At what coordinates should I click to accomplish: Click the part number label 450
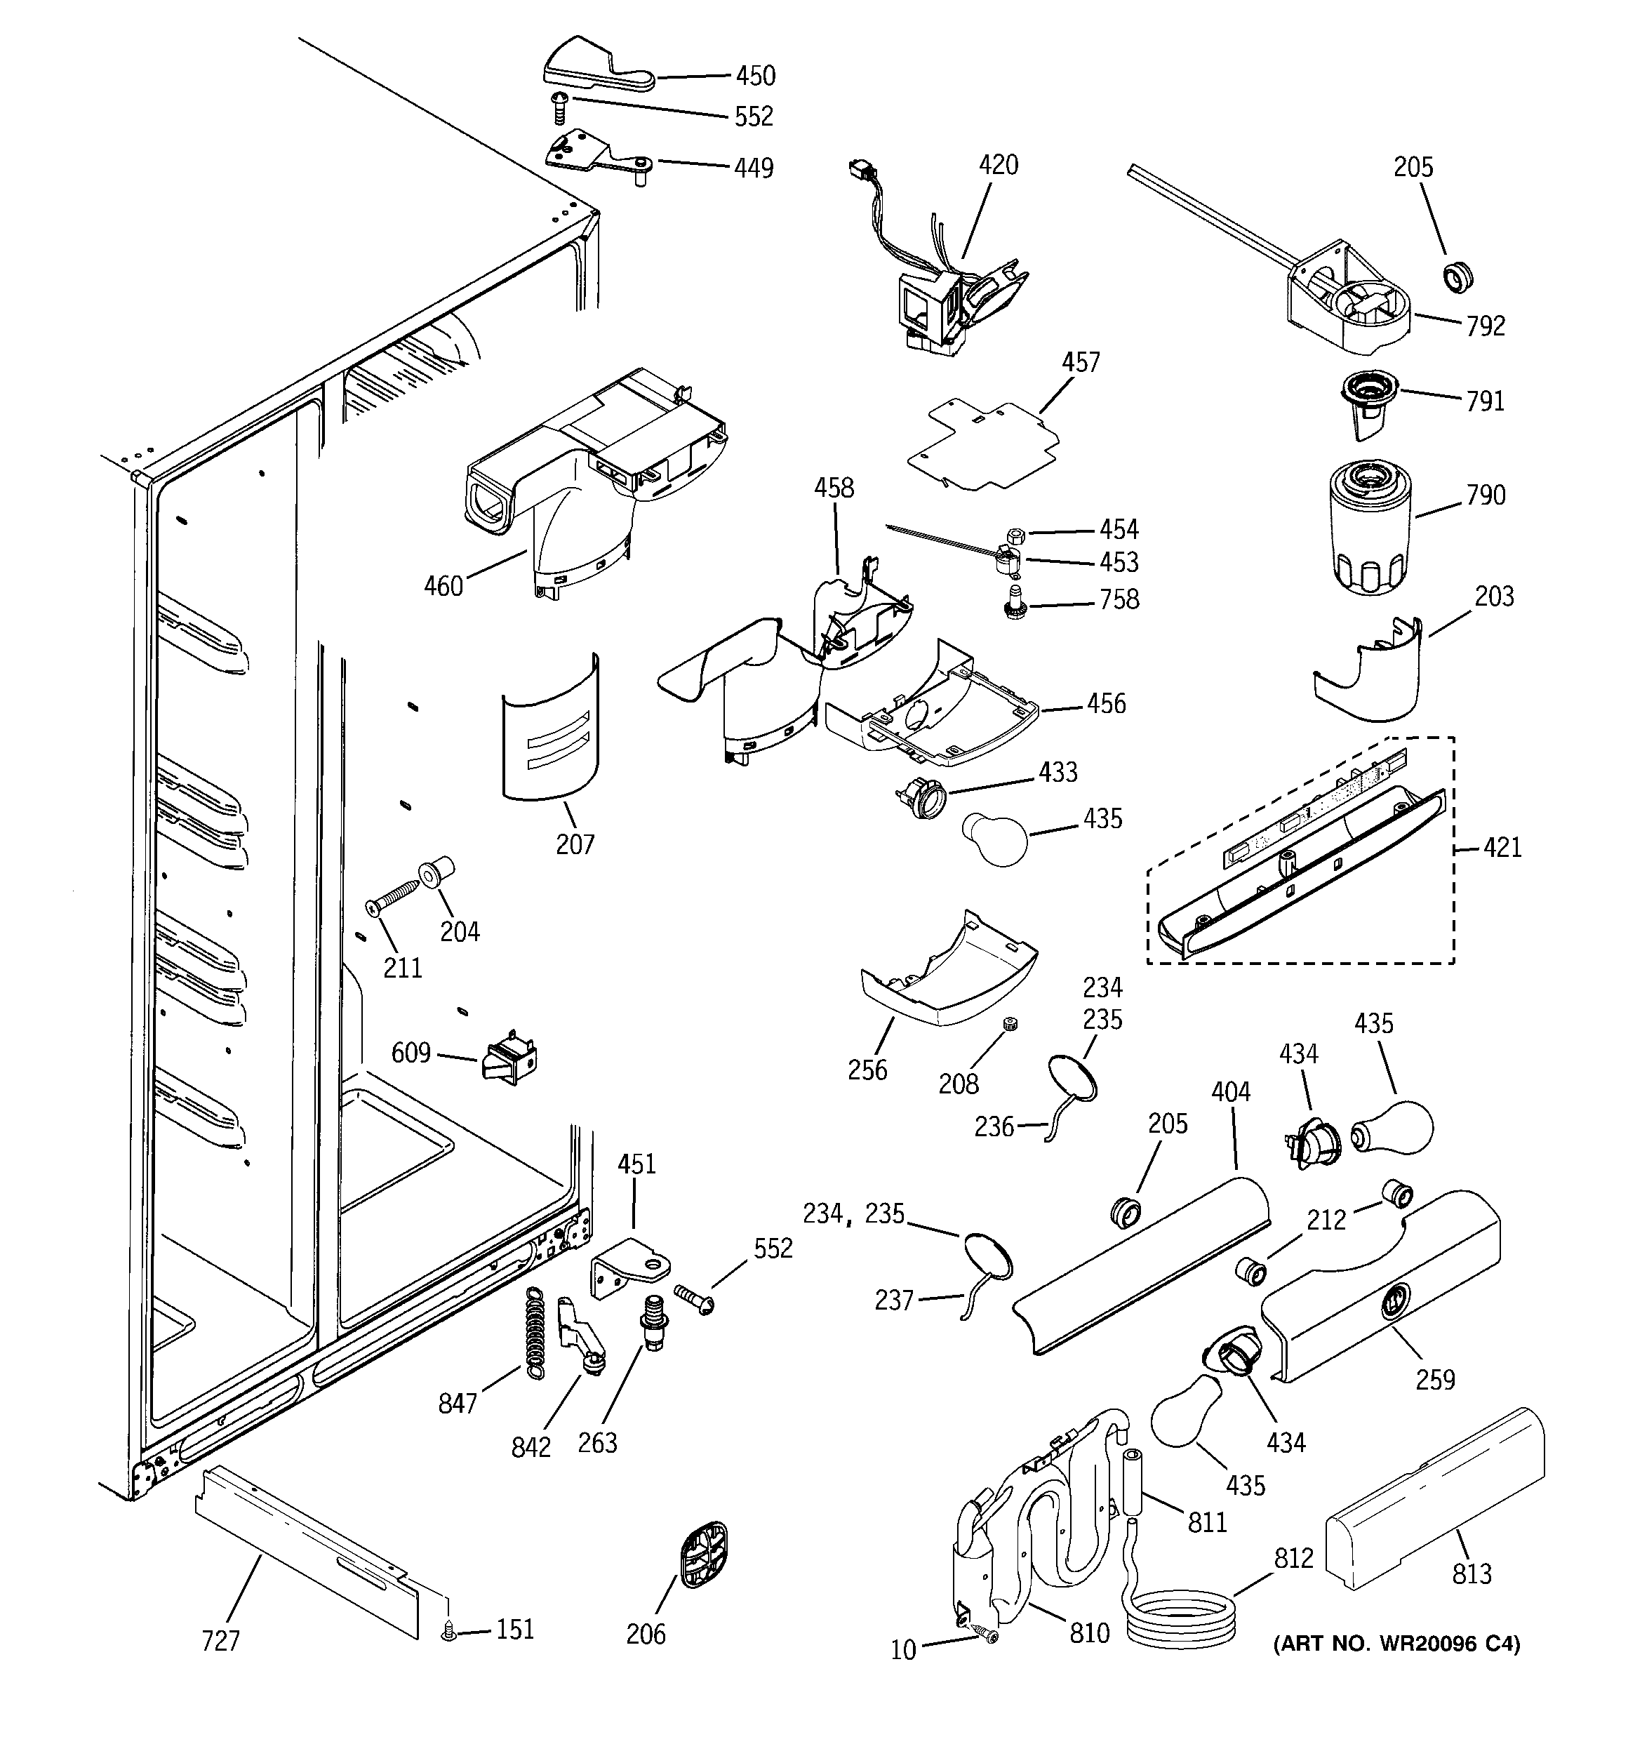point(755,76)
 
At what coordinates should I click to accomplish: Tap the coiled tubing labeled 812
point(1180,1619)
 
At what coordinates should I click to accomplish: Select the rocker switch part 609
point(510,1059)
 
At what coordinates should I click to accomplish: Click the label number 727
point(220,1641)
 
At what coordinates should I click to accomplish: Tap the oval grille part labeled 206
point(703,1555)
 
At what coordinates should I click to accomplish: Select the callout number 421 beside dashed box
point(1502,848)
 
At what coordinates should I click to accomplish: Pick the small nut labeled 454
point(1016,534)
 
